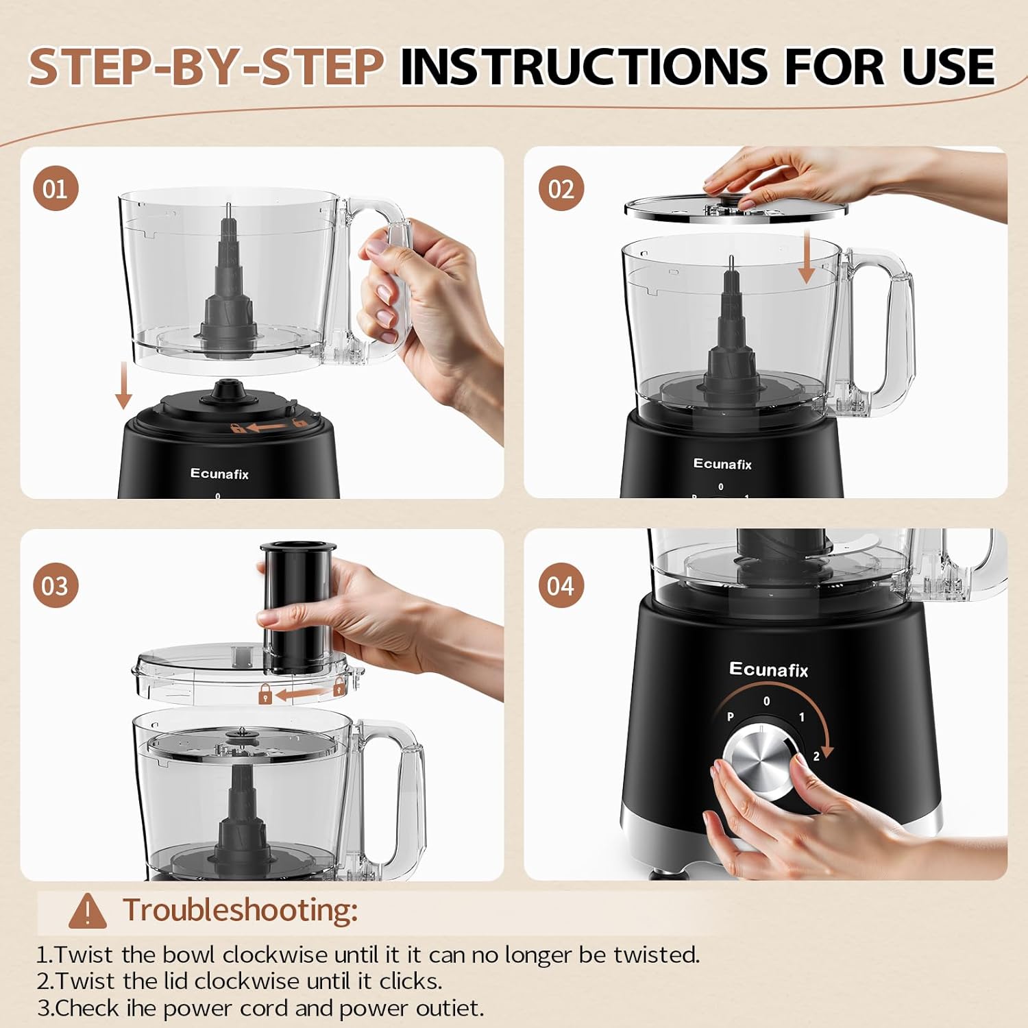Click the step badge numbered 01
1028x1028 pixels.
tap(56, 188)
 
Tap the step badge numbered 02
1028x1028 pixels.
tap(561, 188)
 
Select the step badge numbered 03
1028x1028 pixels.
tap(56, 586)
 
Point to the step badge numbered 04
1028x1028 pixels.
tap(561, 586)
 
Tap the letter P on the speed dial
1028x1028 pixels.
tap(731, 717)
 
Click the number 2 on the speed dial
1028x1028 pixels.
tap(816, 757)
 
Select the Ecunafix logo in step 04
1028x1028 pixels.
tap(768, 670)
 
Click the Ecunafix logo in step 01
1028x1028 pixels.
tap(219, 474)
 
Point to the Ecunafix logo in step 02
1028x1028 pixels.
tap(722, 464)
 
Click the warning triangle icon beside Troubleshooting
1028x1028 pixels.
tap(88, 911)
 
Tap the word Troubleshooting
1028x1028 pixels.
tap(240, 910)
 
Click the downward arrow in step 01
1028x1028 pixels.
tap(123, 385)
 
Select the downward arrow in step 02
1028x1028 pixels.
tap(807, 257)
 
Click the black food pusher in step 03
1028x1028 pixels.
tap(296, 607)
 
